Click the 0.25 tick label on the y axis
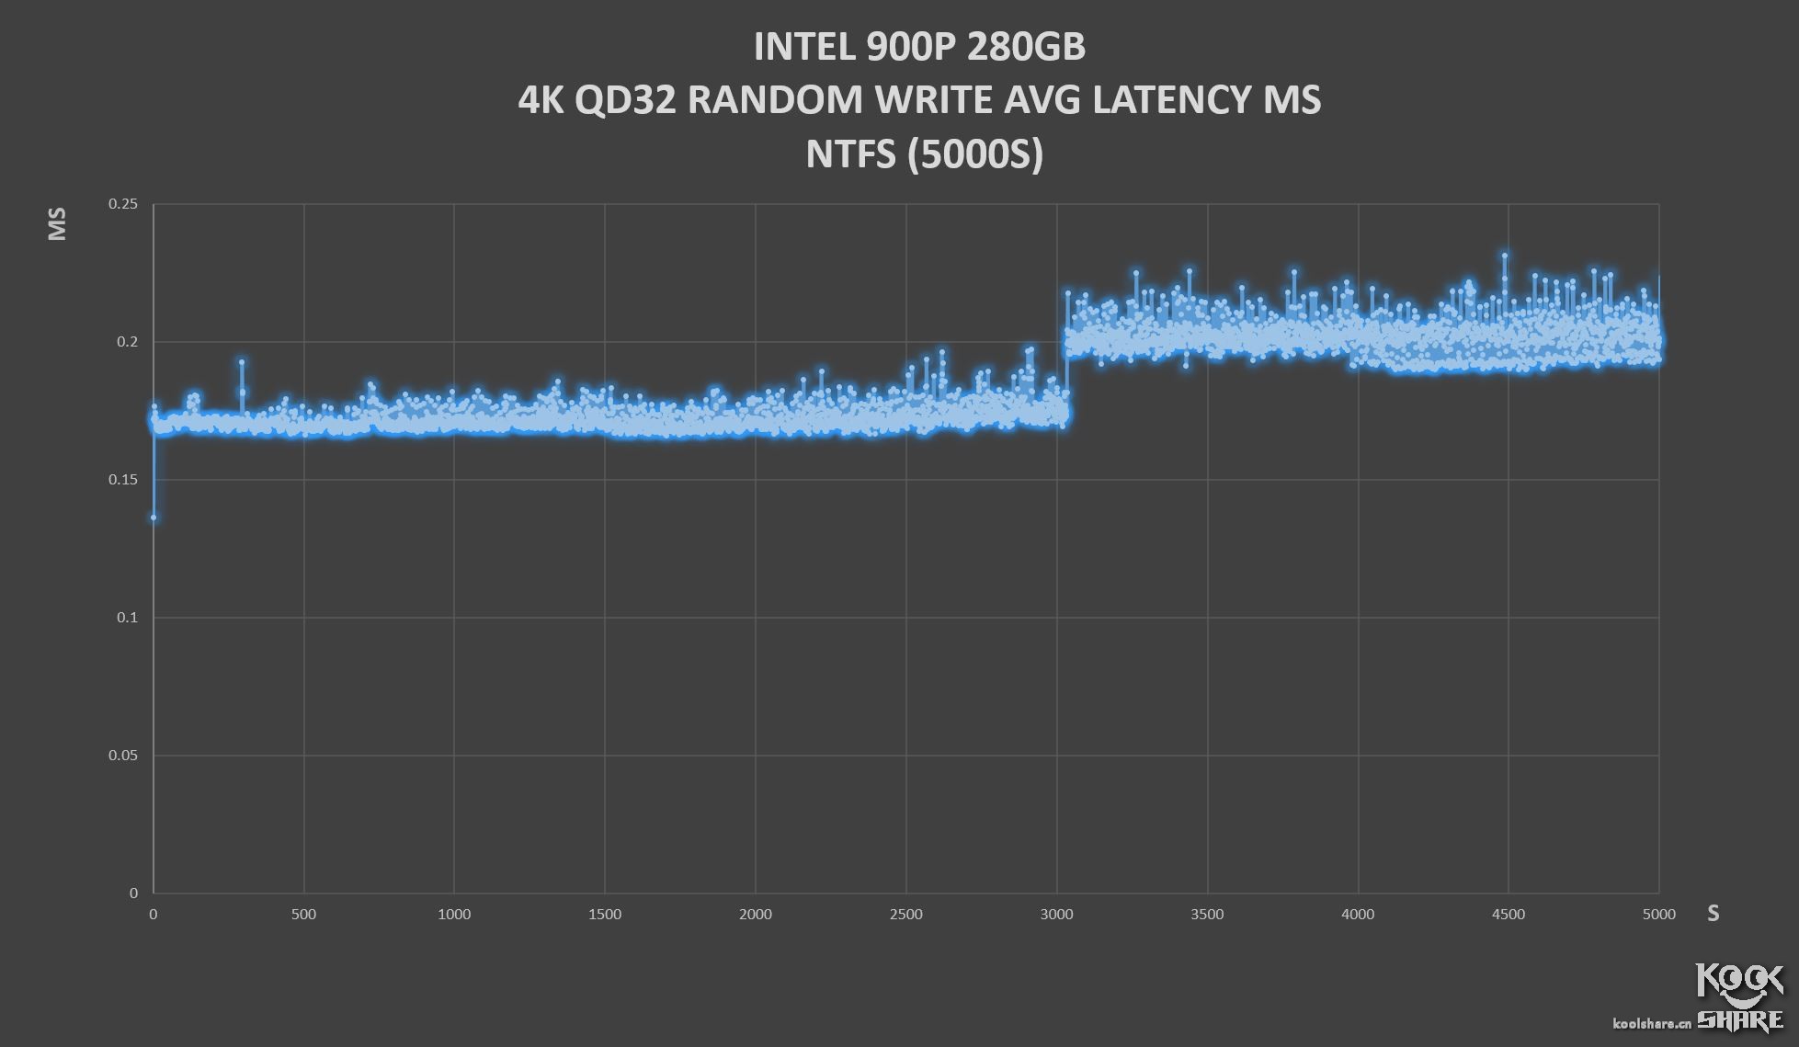123,204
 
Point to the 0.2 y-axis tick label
127,342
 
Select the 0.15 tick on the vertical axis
123,480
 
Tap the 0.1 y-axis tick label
127,618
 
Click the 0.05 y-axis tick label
123,756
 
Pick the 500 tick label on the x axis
303,915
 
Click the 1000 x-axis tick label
454,915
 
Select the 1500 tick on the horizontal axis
605,915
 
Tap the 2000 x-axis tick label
756,915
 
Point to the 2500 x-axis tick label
906,915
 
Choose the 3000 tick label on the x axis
1057,915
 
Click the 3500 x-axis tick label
1207,915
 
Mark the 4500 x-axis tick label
1509,915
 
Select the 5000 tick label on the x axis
1659,915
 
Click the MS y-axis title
57,224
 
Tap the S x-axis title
1714,914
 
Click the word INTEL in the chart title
804,48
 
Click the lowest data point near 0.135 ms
154,518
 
